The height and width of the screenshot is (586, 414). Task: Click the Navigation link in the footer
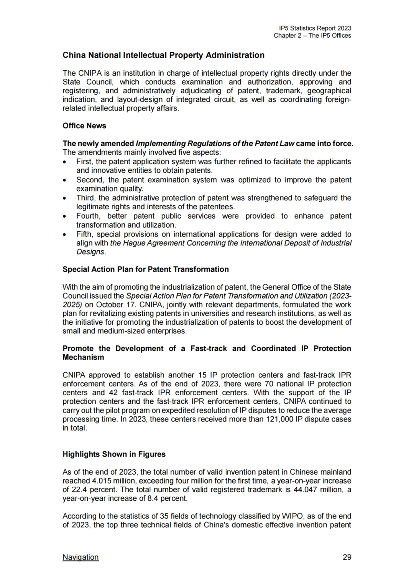(x=80, y=557)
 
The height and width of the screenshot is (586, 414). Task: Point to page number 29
(x=347, y=557)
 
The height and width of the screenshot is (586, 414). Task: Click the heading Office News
(x=84, y=126)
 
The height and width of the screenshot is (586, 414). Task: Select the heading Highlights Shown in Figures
(x=114, y=454)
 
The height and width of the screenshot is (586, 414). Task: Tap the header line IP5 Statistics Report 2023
(x=315, y=28)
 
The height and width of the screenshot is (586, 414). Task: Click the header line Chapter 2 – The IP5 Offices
(x=312, y=36)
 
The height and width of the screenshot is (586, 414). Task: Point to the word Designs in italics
(x=90, y=252)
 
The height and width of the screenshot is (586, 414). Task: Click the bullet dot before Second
(x=65, y=180)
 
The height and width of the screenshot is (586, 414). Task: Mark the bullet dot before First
(x=65, y=162)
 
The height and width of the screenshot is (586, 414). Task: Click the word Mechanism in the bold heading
(x=83, y=357)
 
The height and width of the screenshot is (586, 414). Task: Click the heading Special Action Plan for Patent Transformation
(x=146, y=269)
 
